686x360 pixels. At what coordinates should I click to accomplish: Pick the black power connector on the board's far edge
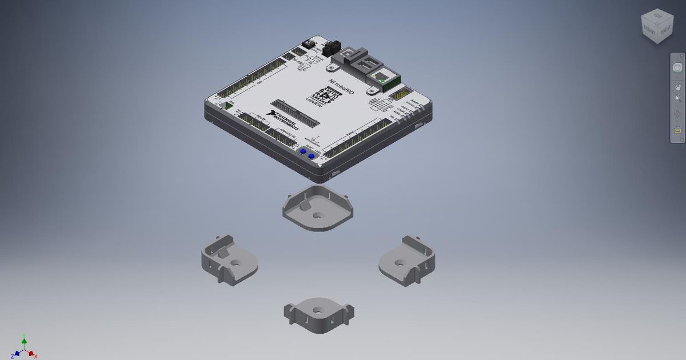pos(330,49)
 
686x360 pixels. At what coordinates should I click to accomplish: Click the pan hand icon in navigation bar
pos(677,86)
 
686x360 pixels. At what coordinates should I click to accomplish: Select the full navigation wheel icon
pos(677,67)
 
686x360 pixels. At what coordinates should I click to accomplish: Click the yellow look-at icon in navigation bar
pos(677,130)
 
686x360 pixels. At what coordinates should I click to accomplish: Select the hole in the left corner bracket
pos(235,264)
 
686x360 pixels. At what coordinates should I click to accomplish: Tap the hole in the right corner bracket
pos(401,263)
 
